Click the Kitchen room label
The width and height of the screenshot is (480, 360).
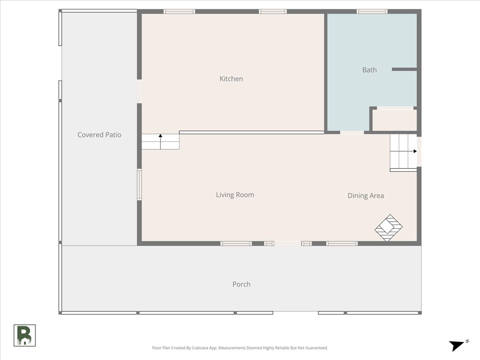click(x=231, y=79)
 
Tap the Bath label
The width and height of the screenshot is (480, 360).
click(x=369, y=70)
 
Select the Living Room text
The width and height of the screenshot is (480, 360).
click(x=235, y=195)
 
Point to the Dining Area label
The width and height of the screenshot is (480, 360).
click(x=366, y=196)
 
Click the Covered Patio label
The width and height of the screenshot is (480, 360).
click(x=99, y=135)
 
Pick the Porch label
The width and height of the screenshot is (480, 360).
click(x=242, y=284)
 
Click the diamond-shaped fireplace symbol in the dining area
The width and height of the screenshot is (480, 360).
click(x=388, y=228)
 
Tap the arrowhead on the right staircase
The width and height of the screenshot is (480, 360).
click(x=415, y=151)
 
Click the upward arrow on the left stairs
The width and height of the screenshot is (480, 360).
click(x=160, y=142)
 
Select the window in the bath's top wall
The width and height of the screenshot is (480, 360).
click(x=372, y=11)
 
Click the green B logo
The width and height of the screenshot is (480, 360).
click(x=25, y=336)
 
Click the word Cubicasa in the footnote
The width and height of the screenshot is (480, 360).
click(x=200, y=348)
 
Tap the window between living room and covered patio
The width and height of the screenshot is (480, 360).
click(x=139, y=184)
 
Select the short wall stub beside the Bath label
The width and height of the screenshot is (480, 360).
click(x=404, y=69)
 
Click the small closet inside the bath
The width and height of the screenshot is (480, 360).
click(x=394, y=120)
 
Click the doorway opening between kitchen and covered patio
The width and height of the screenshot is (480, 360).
click(x=139, y=91)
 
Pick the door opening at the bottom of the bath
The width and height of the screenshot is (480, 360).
click(x=352, y=132)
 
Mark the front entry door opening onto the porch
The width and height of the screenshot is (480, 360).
click(x=288, y=244)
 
